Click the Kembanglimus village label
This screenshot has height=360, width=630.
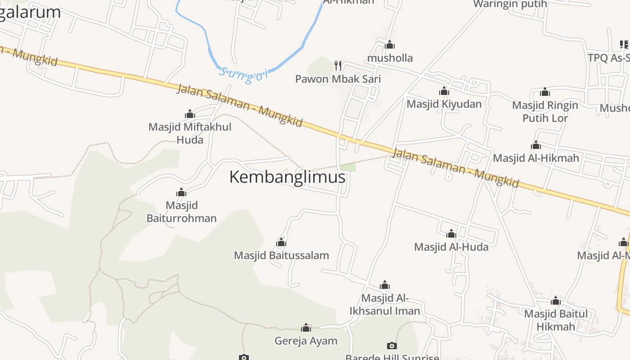pyautogui.click(x=287, y=177)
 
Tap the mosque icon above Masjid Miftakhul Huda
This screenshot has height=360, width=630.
pyautogui.click(x=190, y=114)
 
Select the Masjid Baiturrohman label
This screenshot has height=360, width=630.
pyautogui.click(x=182, y=212)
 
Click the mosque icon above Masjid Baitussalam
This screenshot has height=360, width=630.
pyautogui.click(x=281, y=243)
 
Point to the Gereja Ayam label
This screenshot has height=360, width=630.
pyautogui.click(x=306, y=341)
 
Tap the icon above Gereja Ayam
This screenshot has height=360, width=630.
pyautogui.click(x=306, y=328)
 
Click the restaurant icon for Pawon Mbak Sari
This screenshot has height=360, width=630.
pyautogui.click(x=338, y=66)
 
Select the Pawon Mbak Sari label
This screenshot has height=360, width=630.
pyautogui.click(x=338, y=79)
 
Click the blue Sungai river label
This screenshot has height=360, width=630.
pyautogui.click(x=243, y=75)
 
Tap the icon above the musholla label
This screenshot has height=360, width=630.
pyautogui.click(x=390, y=45)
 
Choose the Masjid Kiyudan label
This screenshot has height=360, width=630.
pyautogui.click(x=444, y=104)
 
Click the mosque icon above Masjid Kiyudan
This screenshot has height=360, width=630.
pyautogui.click(x=444, y=91)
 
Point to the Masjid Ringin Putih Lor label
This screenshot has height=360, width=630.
pyautogui.click(x=545, y=112)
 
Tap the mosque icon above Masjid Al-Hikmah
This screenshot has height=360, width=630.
pyautogui.click(x=535, y=145)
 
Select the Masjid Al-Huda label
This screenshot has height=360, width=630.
pyautogui.click(x=451, y=247)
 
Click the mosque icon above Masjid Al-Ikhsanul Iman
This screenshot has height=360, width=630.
pyautogui.click(x=384, y=285)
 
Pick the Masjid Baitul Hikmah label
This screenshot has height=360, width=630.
pyautogui.click(x=556, y=320)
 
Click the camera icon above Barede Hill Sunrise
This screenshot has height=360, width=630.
pyautogui.click(x=392, y=346)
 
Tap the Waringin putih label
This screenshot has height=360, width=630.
pyautogui.click(x=510, y=4)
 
